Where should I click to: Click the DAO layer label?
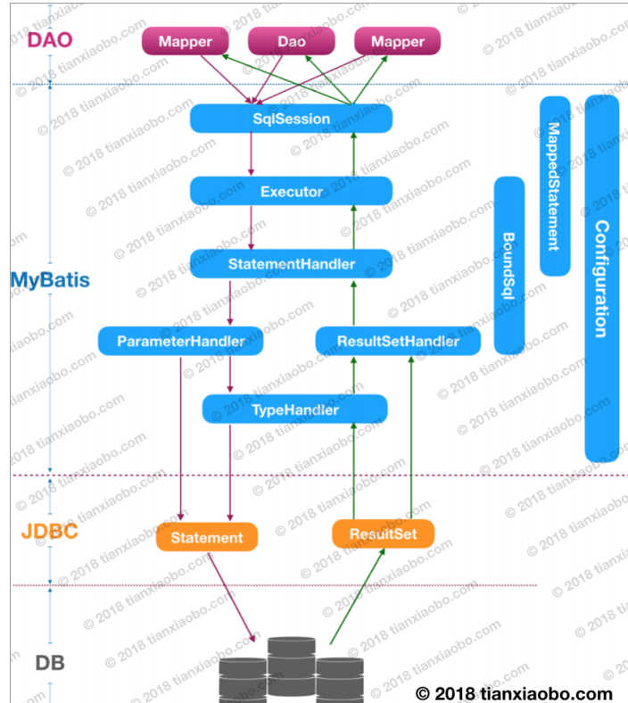click(49, 40)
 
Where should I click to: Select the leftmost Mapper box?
click(186, 41)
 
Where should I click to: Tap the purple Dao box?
click(291, 41)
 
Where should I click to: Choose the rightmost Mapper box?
click(398, 41)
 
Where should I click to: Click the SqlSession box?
click(291, 119)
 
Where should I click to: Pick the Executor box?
click(291, 191)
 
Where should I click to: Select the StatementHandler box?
click(291, 264)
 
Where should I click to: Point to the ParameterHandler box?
click(181, 341)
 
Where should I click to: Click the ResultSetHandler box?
click(398, 341)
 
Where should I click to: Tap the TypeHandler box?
click(294, 409)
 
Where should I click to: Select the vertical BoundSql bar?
click(509, 264)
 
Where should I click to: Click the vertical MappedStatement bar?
click(555, 186)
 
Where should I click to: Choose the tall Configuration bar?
click(602, 277)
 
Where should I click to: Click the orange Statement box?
click(206, 537)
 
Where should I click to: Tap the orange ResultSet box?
click(384, 533)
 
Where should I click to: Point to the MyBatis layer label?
click(50, 279)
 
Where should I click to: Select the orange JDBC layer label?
click(49, 533)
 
